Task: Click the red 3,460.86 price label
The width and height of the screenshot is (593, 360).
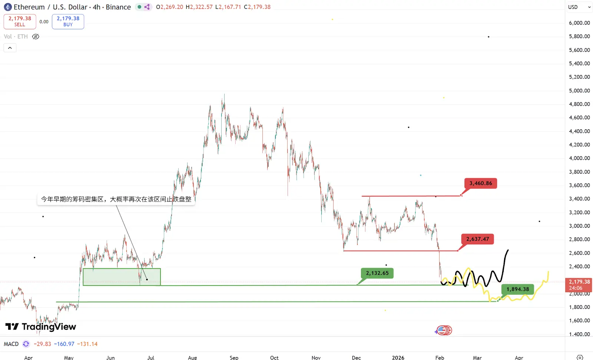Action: pyautogui.click(x=480, y=183)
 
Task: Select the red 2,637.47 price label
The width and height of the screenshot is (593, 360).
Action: pyautogui.click(x=477, y=239)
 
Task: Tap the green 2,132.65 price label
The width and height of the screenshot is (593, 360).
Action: pyautogui.click(x=377, y=273)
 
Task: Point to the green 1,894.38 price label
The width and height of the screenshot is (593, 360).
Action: pyautogui.click(x=518, y=289)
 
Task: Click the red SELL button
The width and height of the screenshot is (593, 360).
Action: pyautogui.click(x=20, y=21)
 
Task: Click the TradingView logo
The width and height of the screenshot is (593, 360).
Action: pyautogui.click(x=41, y=327)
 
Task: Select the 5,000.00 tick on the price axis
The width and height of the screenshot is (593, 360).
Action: pyautogui.click(x=579, y=91)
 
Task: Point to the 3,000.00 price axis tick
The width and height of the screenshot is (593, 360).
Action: pyautogui.click(x=579, y=226)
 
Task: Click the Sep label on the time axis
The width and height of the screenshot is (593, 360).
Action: pyautogui.click(x=234, y=357)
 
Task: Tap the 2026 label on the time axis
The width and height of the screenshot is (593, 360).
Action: pyautogui.click(x=398, y=357)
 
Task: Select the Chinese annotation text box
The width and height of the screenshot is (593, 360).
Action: pyautogui.click(x=116, y=199)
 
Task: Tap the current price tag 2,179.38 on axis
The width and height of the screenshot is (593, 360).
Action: pyautogui.click(x=579, y=285)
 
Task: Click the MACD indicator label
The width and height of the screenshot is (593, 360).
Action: pyautogui.click(x=11, y=344)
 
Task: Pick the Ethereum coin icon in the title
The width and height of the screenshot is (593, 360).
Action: pyautogui.click(x=8, y=7)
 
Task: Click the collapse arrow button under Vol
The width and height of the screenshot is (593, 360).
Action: pyautogui.click(x=10, y=48)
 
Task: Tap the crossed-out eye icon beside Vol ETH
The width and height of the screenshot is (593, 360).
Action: pyautogui.click(x=36, y=37)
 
